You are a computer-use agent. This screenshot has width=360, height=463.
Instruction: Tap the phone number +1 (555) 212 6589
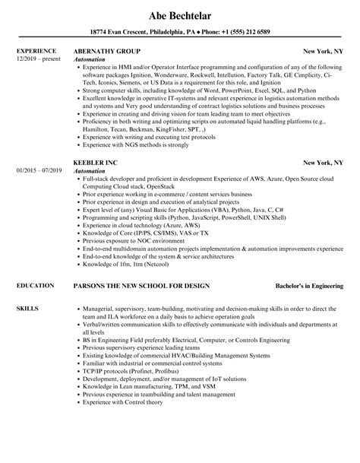point(242,31)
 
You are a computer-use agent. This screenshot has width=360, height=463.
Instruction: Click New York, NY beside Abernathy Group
point(324,52)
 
